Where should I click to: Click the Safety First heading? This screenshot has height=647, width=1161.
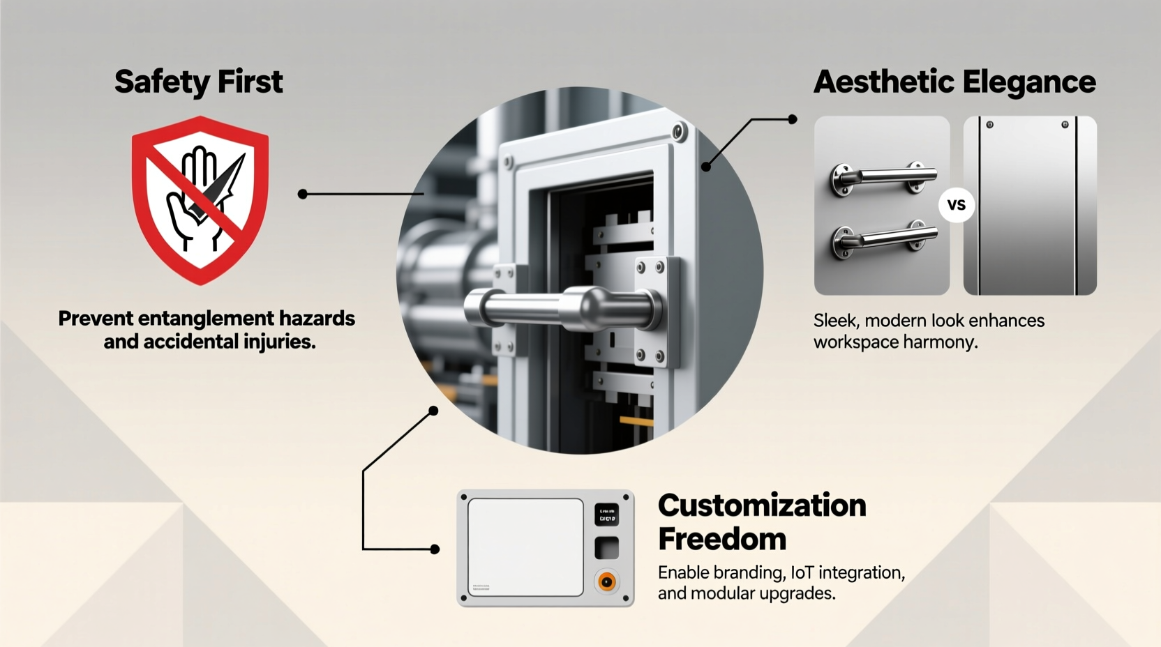198,82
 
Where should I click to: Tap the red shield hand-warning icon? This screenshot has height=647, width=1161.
200,199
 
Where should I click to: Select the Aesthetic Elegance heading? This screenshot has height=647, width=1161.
954,82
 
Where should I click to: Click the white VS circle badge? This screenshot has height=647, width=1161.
956,205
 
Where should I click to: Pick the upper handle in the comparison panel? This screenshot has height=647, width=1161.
883,178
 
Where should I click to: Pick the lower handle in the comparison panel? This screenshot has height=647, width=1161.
883,239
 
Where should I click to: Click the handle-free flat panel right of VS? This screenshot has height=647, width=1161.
1029,206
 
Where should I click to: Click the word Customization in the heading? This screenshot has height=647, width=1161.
762,505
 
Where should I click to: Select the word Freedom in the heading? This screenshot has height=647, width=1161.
721,539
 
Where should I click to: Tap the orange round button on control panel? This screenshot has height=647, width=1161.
607,581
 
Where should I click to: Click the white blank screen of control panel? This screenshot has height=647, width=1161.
525,547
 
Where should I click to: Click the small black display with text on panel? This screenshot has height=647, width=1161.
606,515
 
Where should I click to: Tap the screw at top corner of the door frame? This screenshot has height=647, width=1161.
678,131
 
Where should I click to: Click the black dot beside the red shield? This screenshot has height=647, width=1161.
302,194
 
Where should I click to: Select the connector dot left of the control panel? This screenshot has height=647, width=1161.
435,549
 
